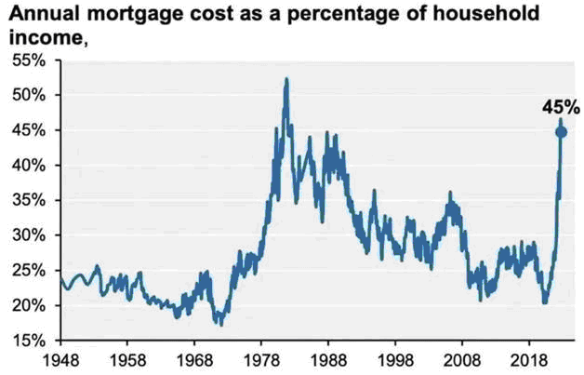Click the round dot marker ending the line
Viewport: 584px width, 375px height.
[561, 132]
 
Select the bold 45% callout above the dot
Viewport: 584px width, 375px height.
[560, 107]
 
